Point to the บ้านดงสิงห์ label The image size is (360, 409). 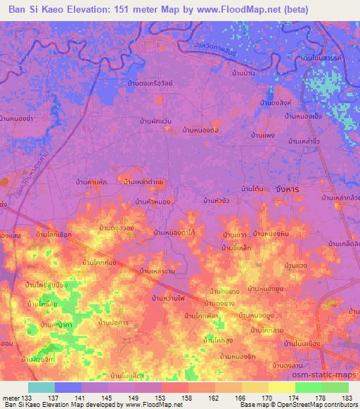click(276, 104)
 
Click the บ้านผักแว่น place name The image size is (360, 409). click(156, 121)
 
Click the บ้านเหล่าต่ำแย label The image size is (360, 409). click(144, 182)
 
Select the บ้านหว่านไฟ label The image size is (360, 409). click(172, 298)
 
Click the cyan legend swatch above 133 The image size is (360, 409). click(41, 387)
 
